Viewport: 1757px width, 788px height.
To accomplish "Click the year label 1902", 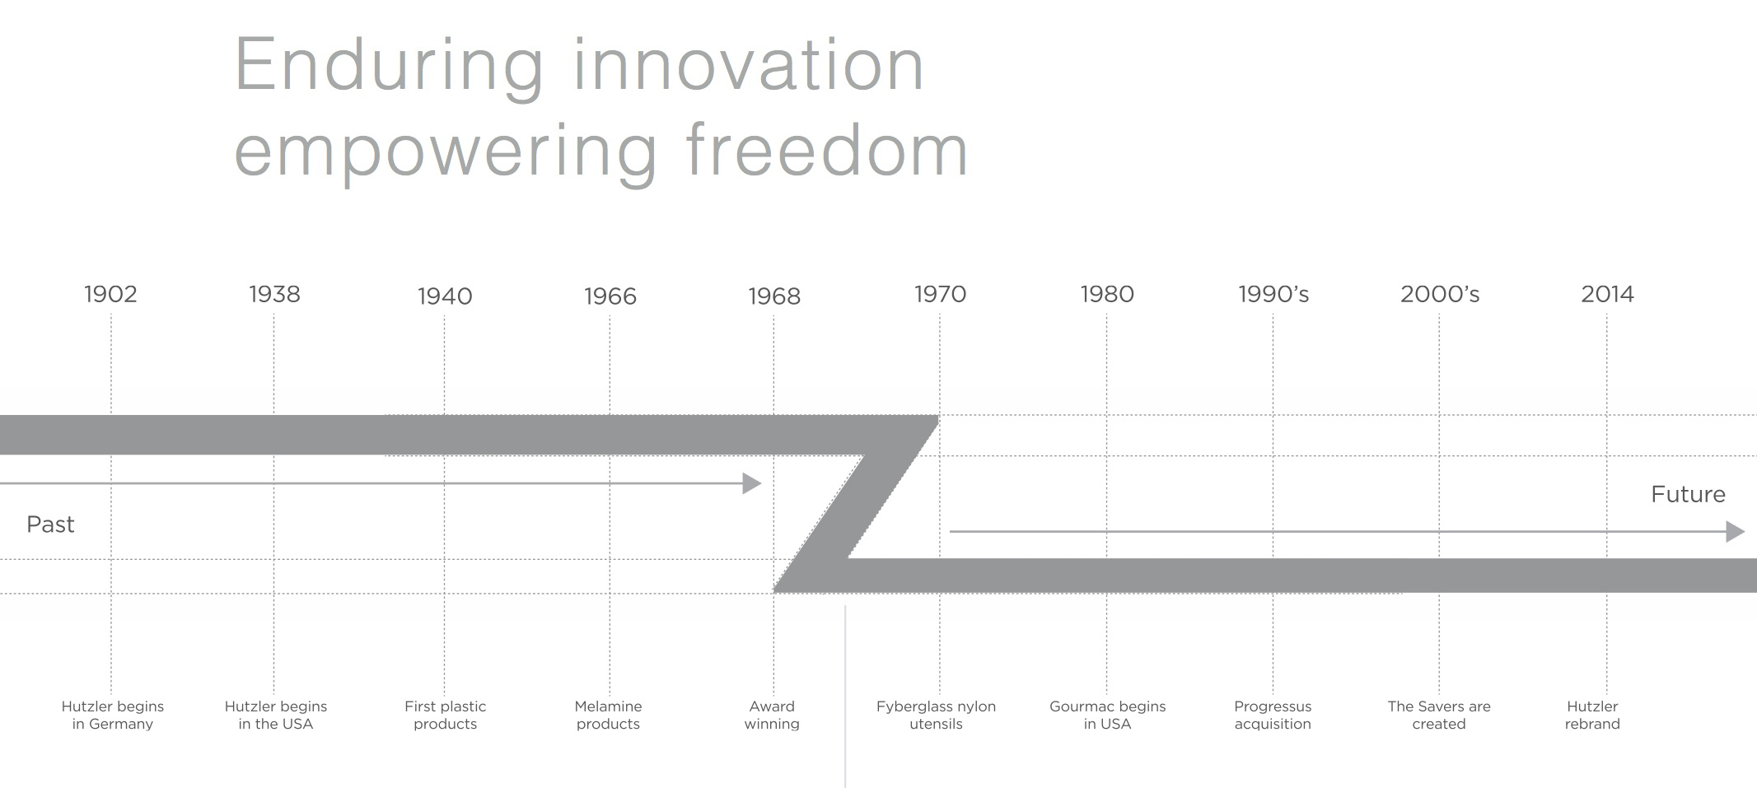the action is coord(110,294).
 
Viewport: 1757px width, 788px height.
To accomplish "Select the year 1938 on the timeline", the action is coord(274,294).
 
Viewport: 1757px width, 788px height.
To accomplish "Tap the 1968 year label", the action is coord(773,296).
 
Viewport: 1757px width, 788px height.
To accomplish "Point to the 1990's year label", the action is coord(1273,294).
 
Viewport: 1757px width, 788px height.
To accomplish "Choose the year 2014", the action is coord(1607,294).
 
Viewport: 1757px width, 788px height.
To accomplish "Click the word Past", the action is coord(50,525).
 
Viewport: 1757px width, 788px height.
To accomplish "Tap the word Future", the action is coord(1688,494).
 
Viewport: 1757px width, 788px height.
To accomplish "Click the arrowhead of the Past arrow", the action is coord(751,483).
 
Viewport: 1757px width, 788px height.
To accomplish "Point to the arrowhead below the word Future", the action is coord(1735,532).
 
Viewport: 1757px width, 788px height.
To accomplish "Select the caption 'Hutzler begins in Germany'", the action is coord(113,715).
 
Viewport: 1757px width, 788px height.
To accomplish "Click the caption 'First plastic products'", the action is coord(445,715).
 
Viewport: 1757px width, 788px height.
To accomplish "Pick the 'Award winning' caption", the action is coord(772,715).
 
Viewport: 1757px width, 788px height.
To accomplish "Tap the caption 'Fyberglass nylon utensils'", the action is coord(936,715).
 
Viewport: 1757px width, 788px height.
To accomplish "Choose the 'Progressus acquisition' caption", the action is coord(1273,715).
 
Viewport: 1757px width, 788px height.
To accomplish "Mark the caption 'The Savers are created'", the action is coord(1439,715).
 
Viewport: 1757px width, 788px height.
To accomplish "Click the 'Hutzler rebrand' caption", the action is coord(1592,715).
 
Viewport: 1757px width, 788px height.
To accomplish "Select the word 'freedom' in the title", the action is coord(827,149).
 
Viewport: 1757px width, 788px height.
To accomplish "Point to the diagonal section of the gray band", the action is coord(857,504).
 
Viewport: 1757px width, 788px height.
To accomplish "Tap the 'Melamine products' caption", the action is coord(608,715).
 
